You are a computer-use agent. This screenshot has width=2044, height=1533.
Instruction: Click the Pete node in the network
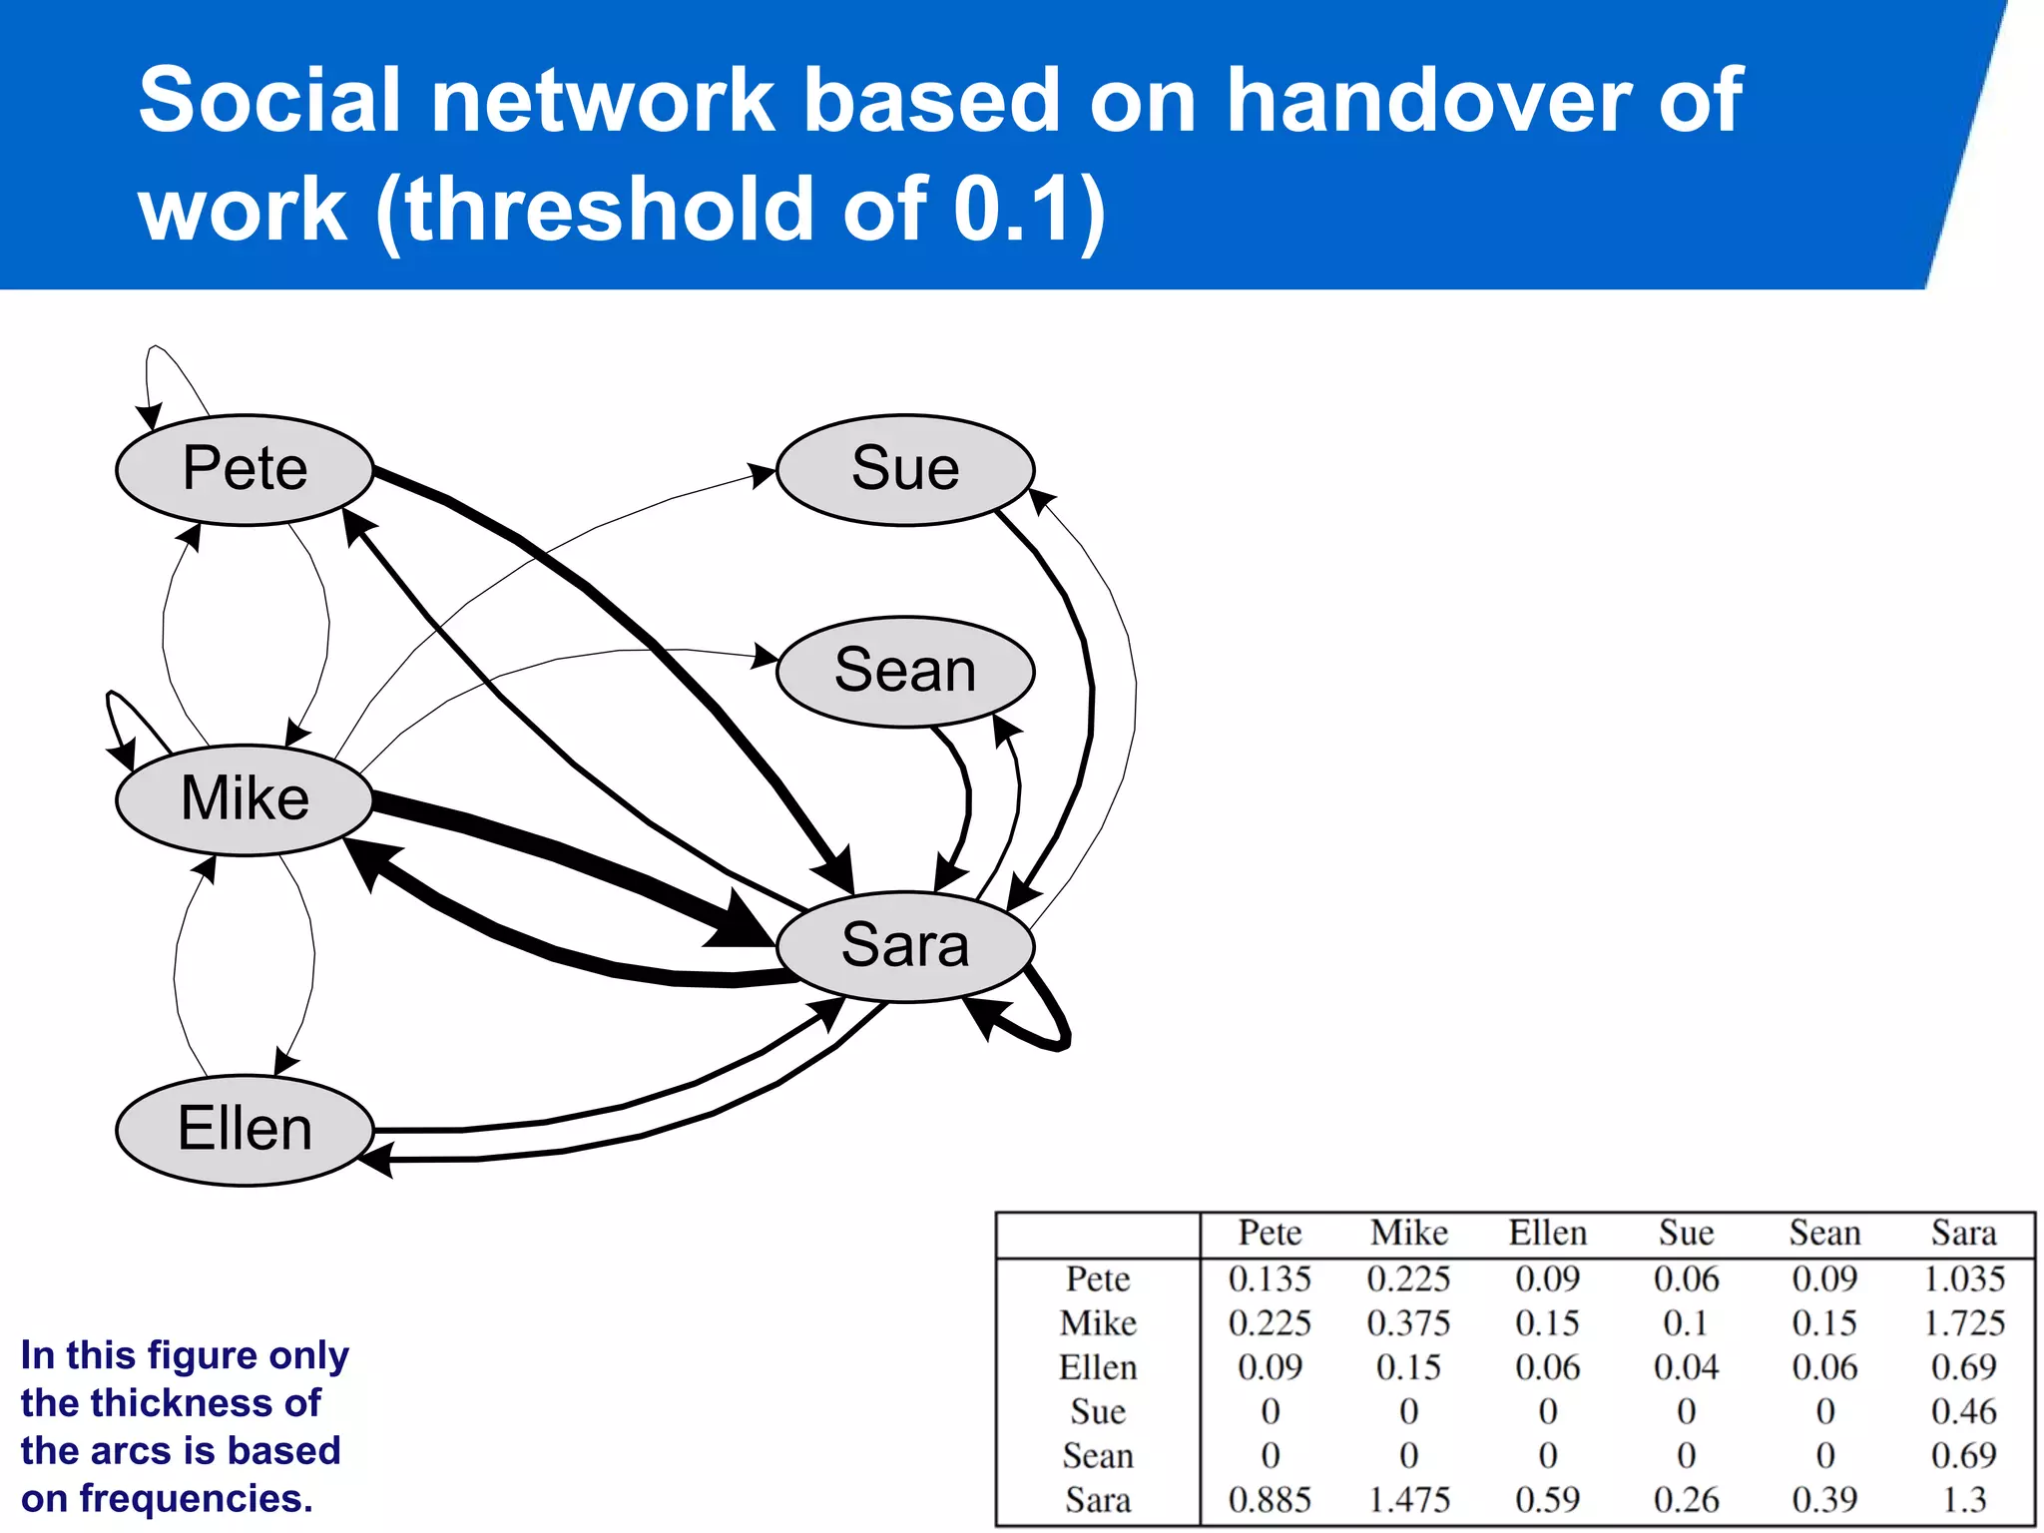click(x=245, y=469)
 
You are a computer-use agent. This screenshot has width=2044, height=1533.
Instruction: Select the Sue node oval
click(x=905, y=469)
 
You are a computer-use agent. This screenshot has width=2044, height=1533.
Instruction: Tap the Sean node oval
click(x=905, y=671)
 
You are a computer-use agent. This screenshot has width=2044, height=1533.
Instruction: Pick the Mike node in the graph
click(x=245, y=799)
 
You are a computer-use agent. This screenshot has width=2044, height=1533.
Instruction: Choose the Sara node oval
click(x=905, y=945)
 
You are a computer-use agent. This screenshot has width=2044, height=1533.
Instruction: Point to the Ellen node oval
click(x=245, y=1130)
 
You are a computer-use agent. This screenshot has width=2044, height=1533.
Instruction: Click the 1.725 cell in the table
click(x=1963, y=1323)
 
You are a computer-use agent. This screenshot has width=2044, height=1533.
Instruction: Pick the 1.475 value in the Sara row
click(x=1408, y=1500)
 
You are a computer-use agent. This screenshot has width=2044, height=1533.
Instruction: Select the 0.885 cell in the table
click(x=1270, y=1500)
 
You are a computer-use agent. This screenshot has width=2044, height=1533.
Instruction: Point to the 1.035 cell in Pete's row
click(x=1963, y=1279)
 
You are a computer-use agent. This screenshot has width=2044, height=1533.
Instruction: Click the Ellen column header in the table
click(x=1547, y=1234)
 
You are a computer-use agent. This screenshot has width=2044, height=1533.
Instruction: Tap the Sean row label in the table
click(x=1098, y=1456)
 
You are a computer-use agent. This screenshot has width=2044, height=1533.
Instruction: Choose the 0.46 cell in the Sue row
click(x=1963, y=1411)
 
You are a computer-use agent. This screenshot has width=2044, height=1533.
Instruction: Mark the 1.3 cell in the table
click(x=1963, y=1500)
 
